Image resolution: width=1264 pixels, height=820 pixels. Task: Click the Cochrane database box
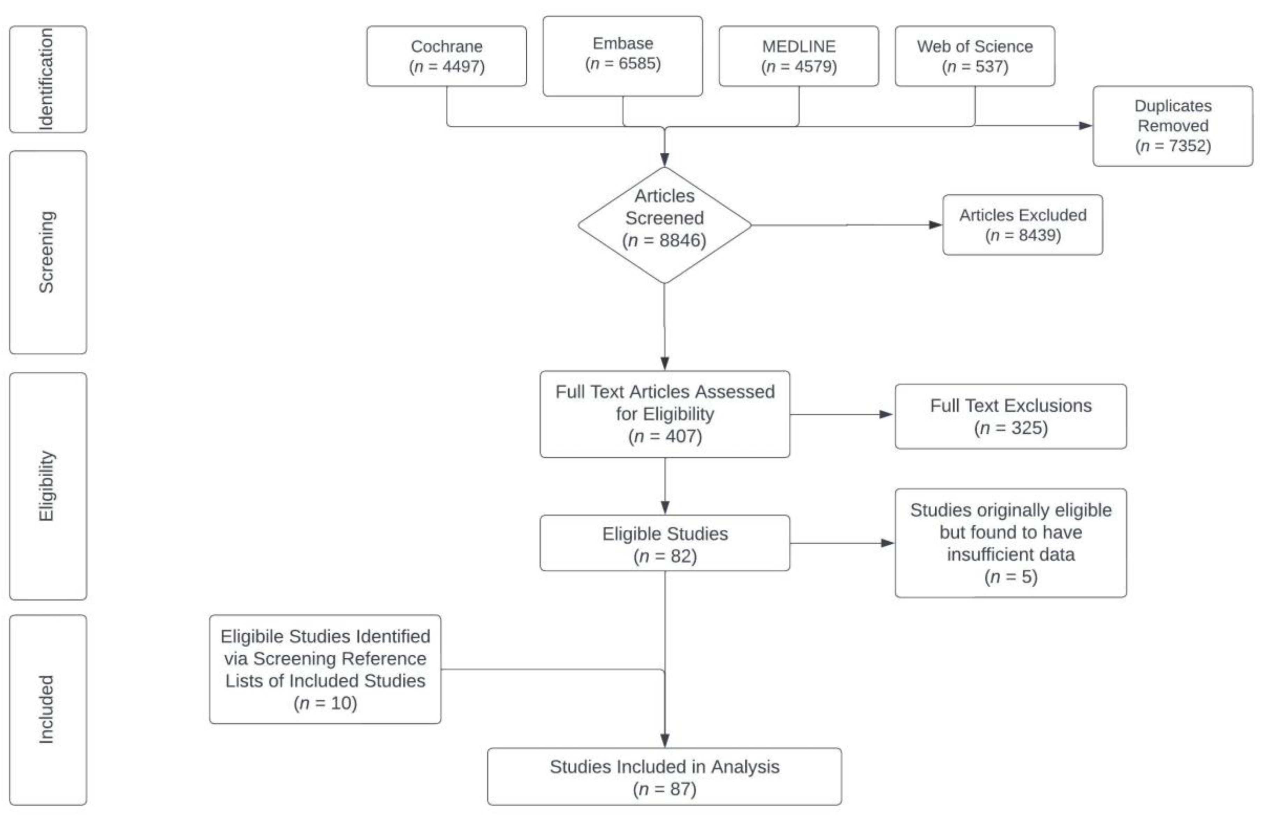point(447,56)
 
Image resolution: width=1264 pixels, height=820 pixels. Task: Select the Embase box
point(622,56)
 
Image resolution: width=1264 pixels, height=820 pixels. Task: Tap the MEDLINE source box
point(799,56)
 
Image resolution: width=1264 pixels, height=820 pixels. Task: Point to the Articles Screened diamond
point(664,225)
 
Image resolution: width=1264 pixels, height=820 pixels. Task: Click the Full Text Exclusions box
point(1011,417)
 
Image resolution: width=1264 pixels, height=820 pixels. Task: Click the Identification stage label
point(48,80)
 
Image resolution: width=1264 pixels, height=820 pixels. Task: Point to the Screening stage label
point(48,252)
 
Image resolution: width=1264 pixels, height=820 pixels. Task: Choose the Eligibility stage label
point(48,486)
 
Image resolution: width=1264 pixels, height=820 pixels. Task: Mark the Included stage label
point(48,710)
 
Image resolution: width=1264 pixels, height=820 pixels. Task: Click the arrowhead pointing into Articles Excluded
point(936,225)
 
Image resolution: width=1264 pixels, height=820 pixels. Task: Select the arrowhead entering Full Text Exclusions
point(886,415)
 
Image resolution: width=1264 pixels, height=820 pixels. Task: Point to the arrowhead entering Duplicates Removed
point(1086,126)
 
